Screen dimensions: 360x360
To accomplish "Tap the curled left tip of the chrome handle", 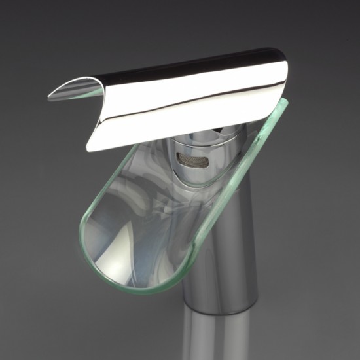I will [55, 96].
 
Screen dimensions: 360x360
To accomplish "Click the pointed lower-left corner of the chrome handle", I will [90, 148].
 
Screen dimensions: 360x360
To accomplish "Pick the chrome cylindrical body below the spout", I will [219, 262].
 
